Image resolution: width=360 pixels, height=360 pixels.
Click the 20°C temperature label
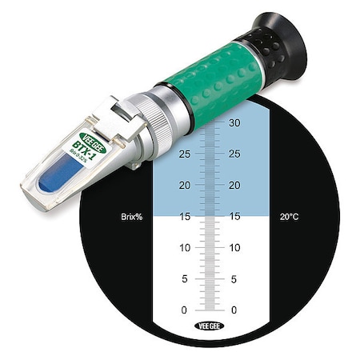point(290,216)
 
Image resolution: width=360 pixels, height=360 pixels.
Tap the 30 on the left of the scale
point(186,123)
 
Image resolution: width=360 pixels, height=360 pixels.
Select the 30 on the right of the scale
point(234,123)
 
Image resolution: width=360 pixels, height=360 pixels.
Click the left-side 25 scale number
point(186,154)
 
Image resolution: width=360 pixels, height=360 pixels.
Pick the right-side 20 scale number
point(234,186)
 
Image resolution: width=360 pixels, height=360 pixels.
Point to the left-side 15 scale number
point(186,216)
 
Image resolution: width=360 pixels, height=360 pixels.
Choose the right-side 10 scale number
point(234,247)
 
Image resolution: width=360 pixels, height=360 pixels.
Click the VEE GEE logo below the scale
point(210,326)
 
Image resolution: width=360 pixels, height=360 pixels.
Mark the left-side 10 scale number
point(186,247)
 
